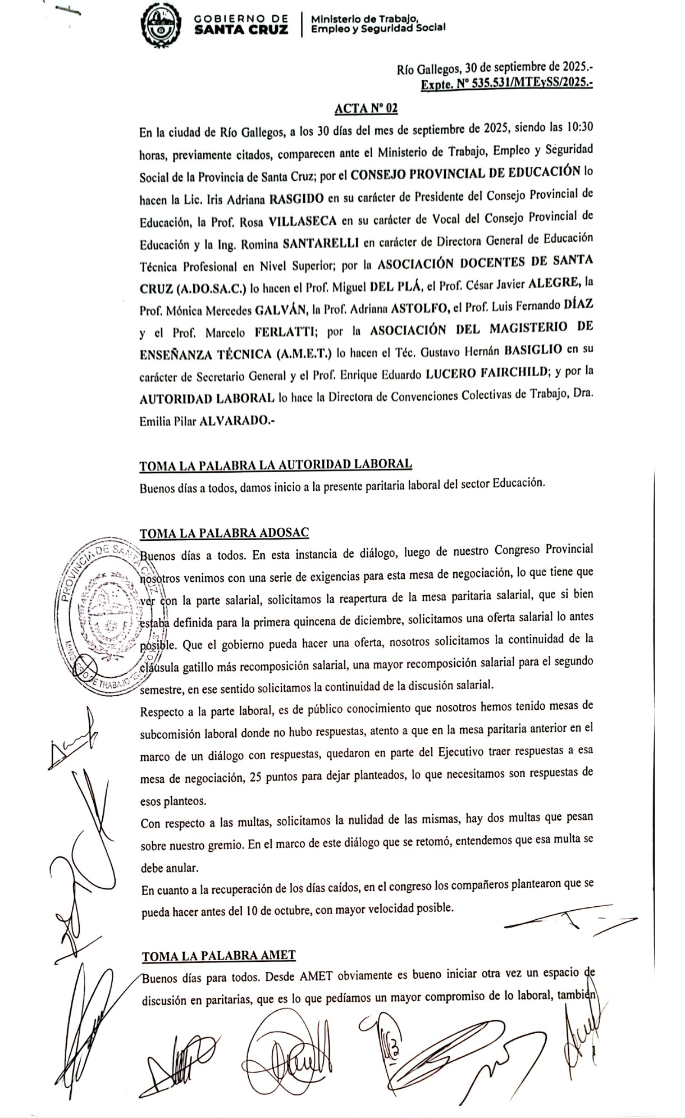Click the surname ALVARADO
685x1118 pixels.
tap(234, 420)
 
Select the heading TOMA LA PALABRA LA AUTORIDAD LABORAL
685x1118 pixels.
tap(275, 465)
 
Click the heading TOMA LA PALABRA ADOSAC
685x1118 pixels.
tap(224, 532)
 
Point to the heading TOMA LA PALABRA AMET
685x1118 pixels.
tap(218, 955)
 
